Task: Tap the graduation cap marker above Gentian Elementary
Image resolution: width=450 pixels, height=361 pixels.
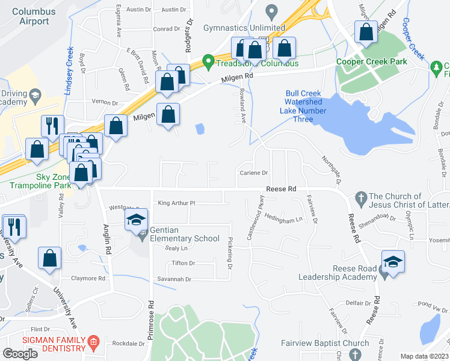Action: (x=137, y=220)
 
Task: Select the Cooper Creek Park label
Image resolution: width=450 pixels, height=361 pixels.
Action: (x=371, y=61)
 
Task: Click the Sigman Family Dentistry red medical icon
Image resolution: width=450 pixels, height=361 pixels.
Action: (x=93, y=343)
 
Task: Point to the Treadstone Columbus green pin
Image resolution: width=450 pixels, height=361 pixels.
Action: (x=208, y=61)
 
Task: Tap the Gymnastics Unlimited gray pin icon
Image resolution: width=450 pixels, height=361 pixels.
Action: (x=271, y=11)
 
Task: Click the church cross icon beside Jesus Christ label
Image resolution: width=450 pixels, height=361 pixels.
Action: (x=361, y=197)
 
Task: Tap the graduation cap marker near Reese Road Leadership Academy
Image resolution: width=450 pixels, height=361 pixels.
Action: (x=393, y=262)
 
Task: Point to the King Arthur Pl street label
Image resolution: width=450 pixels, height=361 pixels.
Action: (x=177, y=203)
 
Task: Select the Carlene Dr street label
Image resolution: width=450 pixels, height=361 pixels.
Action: (x=254, y=173)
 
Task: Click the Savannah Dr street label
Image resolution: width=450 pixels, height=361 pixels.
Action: (x=175, y=279)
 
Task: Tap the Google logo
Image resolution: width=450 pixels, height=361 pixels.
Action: (x=20, y=353)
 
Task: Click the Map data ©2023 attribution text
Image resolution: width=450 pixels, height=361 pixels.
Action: (x=424, y=356)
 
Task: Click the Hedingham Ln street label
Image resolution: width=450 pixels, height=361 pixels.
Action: (x=283, y=219)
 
